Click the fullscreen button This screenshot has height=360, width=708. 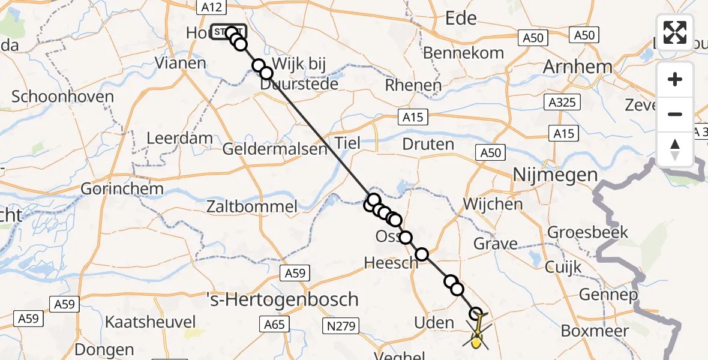675,32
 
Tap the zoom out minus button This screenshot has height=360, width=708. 675,114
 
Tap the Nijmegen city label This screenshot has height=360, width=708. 555,175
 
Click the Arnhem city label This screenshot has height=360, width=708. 577,67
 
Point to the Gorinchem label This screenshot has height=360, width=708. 122,188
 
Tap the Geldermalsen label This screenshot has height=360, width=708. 275,148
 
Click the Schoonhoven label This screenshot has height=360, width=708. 62,97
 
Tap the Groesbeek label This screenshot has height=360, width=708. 587,232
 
